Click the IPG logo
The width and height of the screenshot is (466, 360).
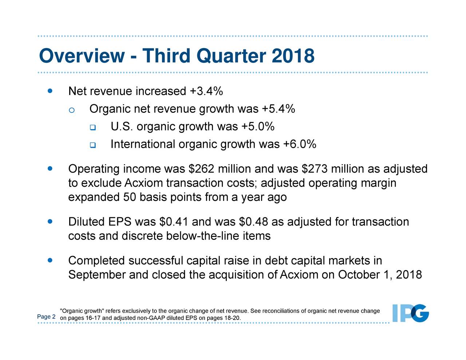pyautogui.click(x=410, y=313)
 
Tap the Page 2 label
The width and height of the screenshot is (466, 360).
pyautogui.click(x=46, y=317)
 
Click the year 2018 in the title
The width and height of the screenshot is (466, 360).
pyautogui.click(x=293, y=56)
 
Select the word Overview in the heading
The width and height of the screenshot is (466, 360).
pyautogui.click(x=82, y=56)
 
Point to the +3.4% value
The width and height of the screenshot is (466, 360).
pyautogui.click(x=206, y=91)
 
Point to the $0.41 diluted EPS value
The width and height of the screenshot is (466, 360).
pyautogui.click(x=174, y=222)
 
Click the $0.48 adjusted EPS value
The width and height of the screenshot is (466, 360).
pyautogui.click(x=254, y=222)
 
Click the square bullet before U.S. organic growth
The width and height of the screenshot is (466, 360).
pyautogui.click(x=92, y=127)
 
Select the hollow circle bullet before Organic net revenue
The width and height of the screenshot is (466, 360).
pyautogui.click(x=72, y=110)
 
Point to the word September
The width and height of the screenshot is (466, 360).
pyautogui.click(x=97, y=274)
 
